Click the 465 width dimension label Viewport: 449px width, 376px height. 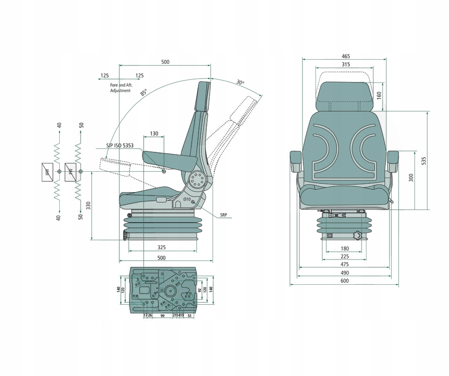pyautogui.click(x=345, y=56)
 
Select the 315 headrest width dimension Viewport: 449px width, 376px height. pyautogui.click(x=345, y=65)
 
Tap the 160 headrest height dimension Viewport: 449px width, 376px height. pyautogui.click(x=379, y=94)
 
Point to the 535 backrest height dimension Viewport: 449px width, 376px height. pyautogui.click(x=423, y=160)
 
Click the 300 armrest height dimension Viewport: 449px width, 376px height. pyautogui.click(x=411, y=178)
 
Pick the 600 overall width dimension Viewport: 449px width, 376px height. pyautogui.click(x=345, y=281)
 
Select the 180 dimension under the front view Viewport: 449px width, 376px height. pyautogui.click(x=345, y=249)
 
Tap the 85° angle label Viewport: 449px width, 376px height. pyautogui.click(x=143, y=92)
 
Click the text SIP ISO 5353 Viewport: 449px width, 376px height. pyautogui.click(x=120, y=145)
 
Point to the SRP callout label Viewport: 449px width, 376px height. pyautogui.click(x=223, y=214)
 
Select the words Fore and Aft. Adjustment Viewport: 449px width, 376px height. pyautogui.click(x=121, y=88)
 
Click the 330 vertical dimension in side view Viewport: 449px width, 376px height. pyautogui.click(x=88, y=206)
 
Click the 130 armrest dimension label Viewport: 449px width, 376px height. pyautogui.click(x=154, y=133)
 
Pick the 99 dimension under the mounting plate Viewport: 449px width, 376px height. pyautogui.click(x=163, y=315)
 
